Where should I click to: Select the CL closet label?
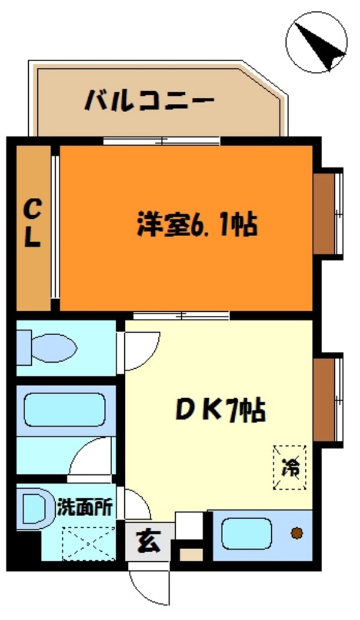click(32, 224)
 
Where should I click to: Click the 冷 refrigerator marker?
click(290, 467)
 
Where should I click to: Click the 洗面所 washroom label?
click(85, 507)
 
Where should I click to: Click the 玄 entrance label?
click(149, 542)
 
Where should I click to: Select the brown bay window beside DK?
click(328, 400)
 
